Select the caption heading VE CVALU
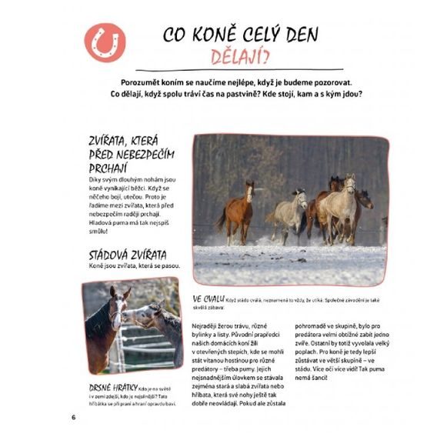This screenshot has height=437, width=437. [208, 298]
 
